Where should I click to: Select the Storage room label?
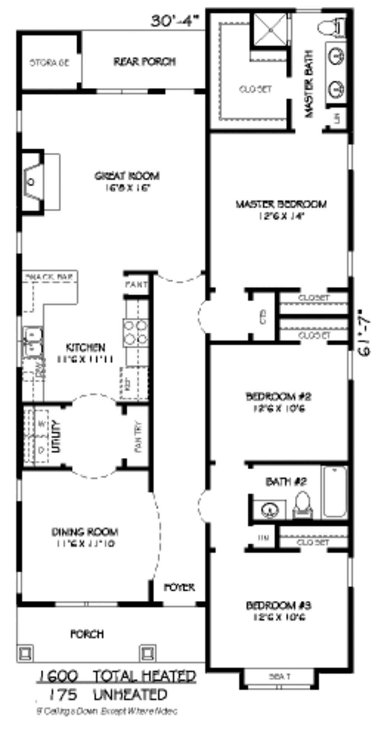(49, 62)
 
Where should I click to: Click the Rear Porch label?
(145, 61)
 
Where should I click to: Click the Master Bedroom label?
(281, 204)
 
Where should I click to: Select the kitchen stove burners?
(135, 332)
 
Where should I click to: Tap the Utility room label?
(56, 436)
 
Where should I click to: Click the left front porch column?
(26, 652)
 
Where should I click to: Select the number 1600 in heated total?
(58, 676)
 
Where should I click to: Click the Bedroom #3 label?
(278, 605)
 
